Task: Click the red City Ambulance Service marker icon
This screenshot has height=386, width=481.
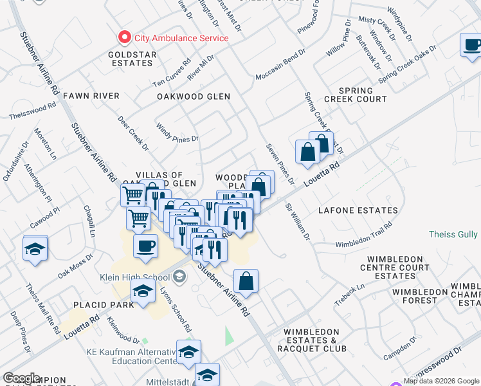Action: [x=123, y=38]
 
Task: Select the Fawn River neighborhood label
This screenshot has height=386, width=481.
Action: [x=91, y=96]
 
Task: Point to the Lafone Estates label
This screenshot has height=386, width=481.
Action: [x=358, y=210]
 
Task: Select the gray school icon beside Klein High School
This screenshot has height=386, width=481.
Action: [x=179, y=277]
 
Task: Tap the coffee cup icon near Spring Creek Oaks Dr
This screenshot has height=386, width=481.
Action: [x=473, y=45]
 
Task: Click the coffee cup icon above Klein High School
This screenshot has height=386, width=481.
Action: [x=146, y=246]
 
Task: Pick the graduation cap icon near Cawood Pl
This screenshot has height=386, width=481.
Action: [x=36, y=248]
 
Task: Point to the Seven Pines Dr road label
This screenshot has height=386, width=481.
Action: [x=280, y=163]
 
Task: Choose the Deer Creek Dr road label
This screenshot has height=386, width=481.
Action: [x=133, y=134]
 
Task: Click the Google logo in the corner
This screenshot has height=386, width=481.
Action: [x=21, y=378]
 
